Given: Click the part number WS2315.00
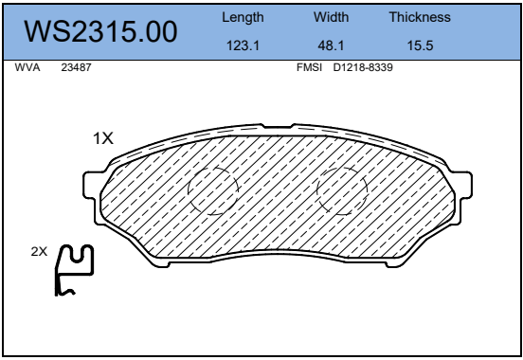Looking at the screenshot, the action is pos(100,31).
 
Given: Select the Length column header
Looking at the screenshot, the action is pos(243,17).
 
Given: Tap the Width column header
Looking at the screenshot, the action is pos(331,17).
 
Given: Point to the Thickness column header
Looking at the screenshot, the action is pos(420,17).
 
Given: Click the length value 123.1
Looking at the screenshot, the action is pos(243,45).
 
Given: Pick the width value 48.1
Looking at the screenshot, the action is pos(331,45).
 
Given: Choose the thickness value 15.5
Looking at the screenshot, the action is pos(420,45).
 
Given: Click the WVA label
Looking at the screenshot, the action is pos(27,67).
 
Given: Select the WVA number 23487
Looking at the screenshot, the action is pos(76,67).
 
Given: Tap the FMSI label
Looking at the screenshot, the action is pos(309,67).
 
